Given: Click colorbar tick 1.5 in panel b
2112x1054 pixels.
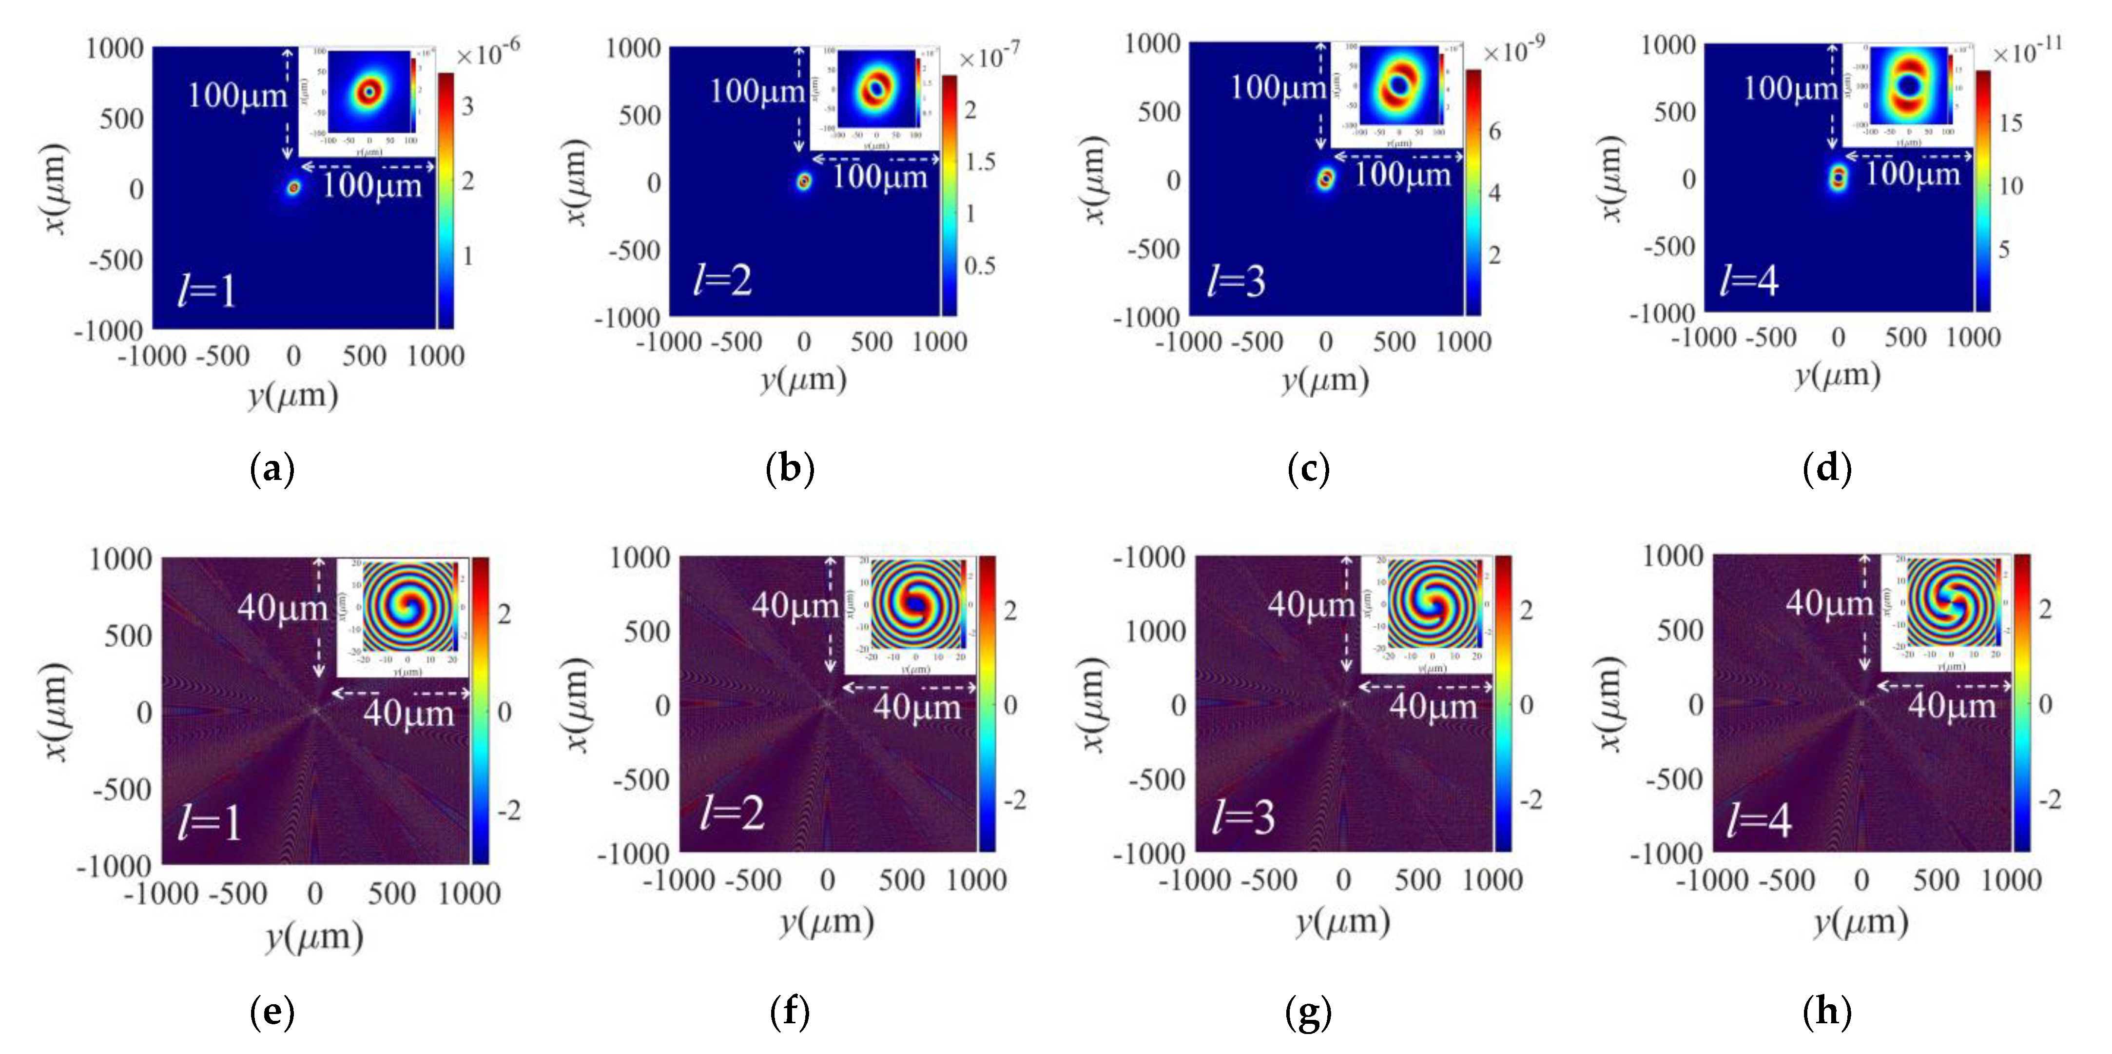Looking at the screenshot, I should point(980,161).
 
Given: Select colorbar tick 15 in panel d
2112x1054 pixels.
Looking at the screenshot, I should point(2011,123).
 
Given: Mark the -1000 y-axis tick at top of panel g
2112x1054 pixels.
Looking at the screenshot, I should point(1148,558).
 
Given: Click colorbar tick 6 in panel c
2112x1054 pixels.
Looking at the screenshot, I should point(1494,131).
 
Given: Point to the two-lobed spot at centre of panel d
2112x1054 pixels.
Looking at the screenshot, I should point(1838,177).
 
